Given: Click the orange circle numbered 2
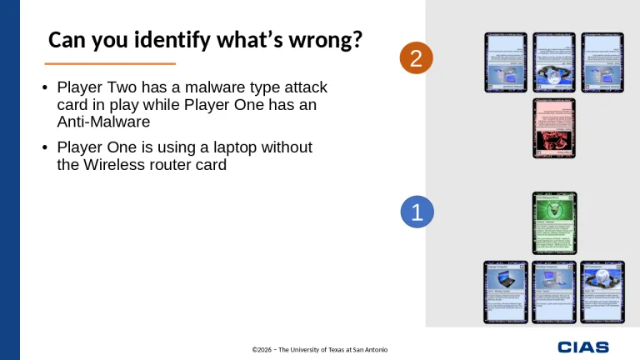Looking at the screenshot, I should pyautogui.click(x=417, y=58).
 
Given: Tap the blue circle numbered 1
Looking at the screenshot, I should pyautogui.click(x=417, y=212).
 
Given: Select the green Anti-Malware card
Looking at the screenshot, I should pyautogui.click(x=554, y=222).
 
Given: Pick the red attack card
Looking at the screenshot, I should pyautogui.click(x=554, y=127).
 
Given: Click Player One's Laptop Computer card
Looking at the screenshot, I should pyautogui.click(x=506, y=292).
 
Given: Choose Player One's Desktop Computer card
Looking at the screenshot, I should pyautogui.click(x=554, y=292).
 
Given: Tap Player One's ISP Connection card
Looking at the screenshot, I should pyautogui.click(x=602, y=292).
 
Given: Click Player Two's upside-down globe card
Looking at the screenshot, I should pyautogui.click(x=554, y=62).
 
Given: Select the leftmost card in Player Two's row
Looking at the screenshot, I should pyautogui.click(x=506, y=62).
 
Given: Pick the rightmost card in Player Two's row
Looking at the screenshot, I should pyautogui.click(x=602, y=62).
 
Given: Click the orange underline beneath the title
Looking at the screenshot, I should pyautogui.click(x=110, y=63).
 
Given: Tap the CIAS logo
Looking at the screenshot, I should pyautogui.click(x=583, y=347).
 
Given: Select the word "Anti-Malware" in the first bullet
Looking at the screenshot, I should pyautogui.click(x=103, y=122).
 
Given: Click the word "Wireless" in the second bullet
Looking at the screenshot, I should pyautogui.click(x=112, y=164).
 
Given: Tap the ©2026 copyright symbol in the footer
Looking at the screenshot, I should pyautogui.click(x=256, y=349).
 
